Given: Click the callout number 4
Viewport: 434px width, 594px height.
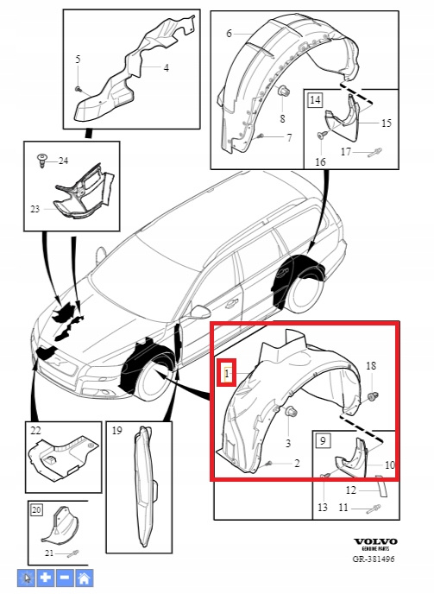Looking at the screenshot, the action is (x=166, y=68).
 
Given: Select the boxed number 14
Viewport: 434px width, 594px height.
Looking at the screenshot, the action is (x=315, y=100).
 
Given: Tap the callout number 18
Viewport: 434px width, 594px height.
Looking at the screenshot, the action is (x=371, y=365).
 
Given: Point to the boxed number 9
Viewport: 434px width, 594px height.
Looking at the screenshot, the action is (x=323, y=440).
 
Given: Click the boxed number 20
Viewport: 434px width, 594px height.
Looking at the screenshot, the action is (x=36, y=510).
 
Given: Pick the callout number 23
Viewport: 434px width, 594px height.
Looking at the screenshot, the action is (x=35, y=209).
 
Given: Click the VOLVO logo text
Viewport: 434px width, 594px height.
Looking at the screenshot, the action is (x=375, y=541).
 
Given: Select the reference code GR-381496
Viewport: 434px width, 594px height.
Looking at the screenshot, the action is (x=374, y=559).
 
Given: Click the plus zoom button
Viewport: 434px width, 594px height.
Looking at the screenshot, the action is (x=46, y=578).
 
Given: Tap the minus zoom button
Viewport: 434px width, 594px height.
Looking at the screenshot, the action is (x=65, y=578).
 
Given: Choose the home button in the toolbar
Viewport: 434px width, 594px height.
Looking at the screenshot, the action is (x=84, y=578).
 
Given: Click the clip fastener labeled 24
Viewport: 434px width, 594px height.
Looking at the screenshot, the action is (x=41, y=161).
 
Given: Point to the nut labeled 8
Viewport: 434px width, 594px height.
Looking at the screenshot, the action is (x=282, y=92).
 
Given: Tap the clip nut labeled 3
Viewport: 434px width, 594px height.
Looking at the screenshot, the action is (x=291, y=412).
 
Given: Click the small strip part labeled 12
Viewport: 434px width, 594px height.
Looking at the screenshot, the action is (x=381, y=486).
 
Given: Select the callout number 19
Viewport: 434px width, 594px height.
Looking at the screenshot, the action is (x=117, y=431).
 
